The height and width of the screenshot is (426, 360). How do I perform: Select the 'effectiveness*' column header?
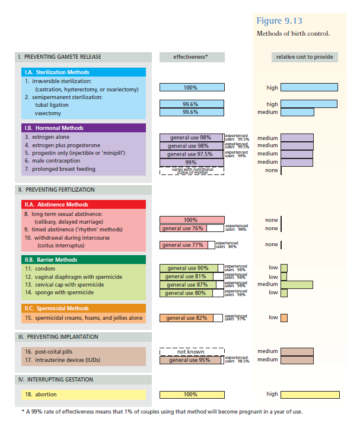(x=191, y=57)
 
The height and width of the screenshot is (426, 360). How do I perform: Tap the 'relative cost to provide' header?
(x=305, y=57)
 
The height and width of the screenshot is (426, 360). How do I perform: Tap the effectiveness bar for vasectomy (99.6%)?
(x=191, y=112)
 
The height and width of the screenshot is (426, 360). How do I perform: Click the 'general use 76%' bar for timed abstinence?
(x=183, y=228)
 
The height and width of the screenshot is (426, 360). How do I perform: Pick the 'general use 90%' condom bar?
(x=189, y=268)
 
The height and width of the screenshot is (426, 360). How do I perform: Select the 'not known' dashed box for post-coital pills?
(x=191, y=351)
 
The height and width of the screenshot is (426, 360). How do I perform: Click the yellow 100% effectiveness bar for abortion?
(x=191, y=394)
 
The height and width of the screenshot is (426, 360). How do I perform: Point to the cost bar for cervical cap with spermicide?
(x=297, y=284)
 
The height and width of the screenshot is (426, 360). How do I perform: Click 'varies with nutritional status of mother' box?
(x=191, y=171)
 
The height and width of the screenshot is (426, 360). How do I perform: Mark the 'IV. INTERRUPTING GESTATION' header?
(x=56, y=379)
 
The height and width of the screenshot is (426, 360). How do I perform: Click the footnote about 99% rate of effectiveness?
(x=161, y=411)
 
